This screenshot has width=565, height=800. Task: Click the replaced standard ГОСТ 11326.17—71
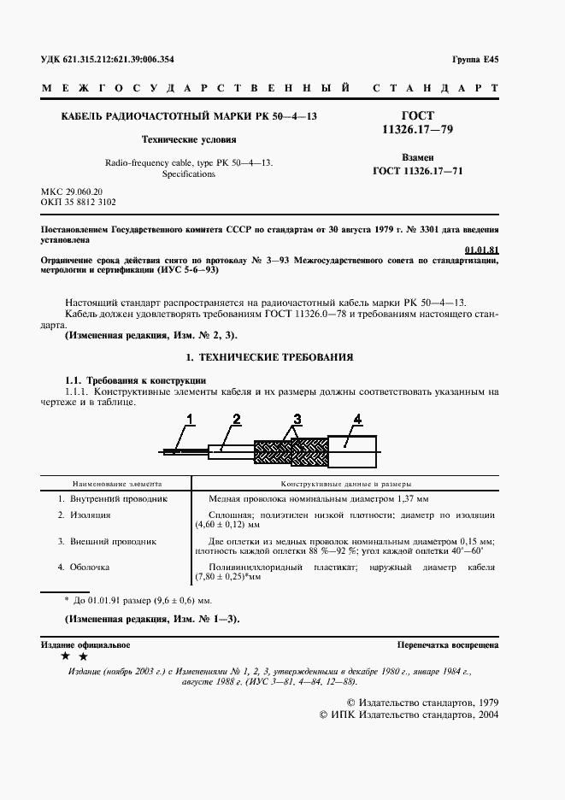pos(419,170)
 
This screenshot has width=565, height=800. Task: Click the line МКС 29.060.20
pos(72,192)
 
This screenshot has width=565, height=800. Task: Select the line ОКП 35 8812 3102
pos(79,203)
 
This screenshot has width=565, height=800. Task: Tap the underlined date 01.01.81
pos(481,249)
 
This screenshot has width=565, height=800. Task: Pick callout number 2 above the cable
pos(236,418)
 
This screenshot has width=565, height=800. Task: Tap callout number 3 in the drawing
pos(297,419)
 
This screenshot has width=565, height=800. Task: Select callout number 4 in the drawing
pos(358,418)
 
